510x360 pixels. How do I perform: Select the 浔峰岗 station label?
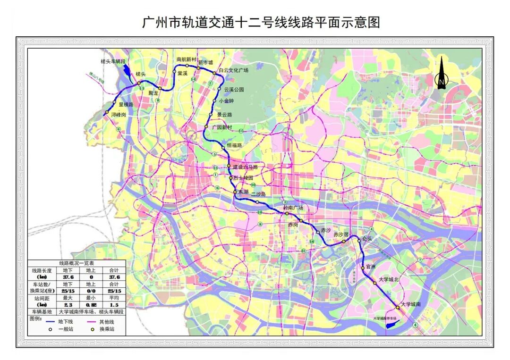tap(119, 115)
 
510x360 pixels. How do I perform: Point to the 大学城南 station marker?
tap(398, 307)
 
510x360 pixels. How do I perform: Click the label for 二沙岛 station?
tap(258, 194)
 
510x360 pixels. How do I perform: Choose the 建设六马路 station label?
tap(246, 167)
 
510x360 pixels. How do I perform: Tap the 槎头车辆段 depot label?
tap(114, 62)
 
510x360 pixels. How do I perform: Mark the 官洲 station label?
tap(370, 267)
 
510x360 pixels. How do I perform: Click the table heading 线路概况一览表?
tap(76, 263)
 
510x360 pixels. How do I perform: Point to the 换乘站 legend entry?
tap(106, 329)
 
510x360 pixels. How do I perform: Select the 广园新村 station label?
tap(222, 127)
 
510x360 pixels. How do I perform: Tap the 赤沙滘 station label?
tap(340, 234)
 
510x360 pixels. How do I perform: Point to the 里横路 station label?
tap(126, 105)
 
